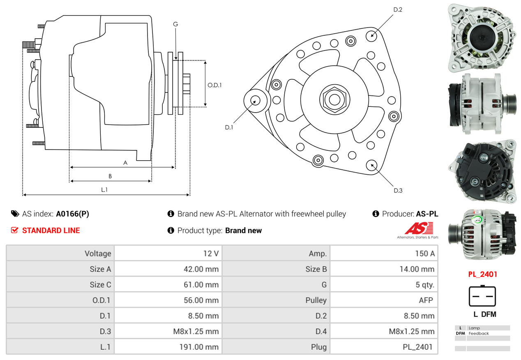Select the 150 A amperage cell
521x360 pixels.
(x=424, y=254)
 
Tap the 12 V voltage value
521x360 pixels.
(x=211, y=254)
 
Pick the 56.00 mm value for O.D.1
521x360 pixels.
(x=201, y=300)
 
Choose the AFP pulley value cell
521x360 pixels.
(x=426, y=300)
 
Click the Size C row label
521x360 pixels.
(x=100, y=285)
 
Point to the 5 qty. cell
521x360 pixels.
(x=425, y=285)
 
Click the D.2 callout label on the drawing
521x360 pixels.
(x=397, y=9)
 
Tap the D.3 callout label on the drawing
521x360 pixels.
(x=398, y=190)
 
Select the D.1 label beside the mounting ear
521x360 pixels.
(x=229, y=127)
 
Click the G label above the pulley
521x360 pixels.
(x=175, y=24)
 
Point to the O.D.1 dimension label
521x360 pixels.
(x=214, y=85)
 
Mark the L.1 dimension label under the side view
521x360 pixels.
(x=104, y=190)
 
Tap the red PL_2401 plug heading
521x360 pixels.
(x=482, y=274)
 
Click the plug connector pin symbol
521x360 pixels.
(x=482, y=296)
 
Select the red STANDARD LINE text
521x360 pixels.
(x=51, y=231)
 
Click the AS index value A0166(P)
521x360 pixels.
(x=72, y=214)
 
